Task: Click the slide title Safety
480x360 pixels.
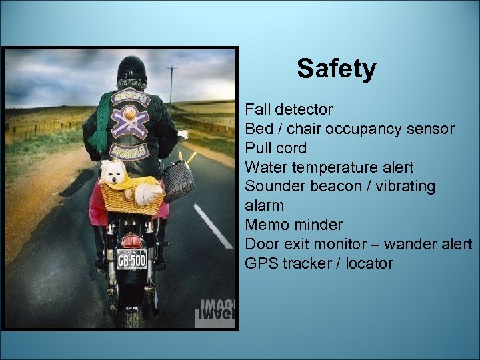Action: tap(336, 69)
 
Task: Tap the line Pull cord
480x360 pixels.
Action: tap(276, 147)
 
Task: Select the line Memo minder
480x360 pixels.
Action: tap(293, 225)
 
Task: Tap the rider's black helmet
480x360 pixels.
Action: tap(131, 69)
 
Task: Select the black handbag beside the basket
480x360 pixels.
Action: tap(178, 181)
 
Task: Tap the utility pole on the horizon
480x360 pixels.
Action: tap(172, 83)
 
